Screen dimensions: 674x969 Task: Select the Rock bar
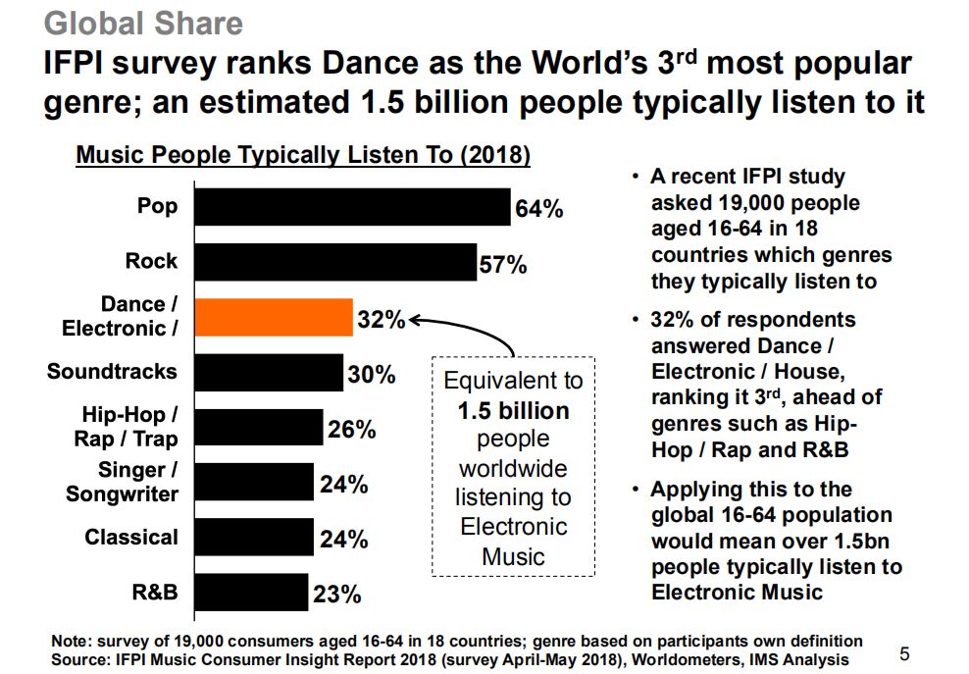tap(333, 262)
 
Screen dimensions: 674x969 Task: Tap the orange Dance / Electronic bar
tap(273, 318)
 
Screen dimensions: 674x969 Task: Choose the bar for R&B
tap(250, 593)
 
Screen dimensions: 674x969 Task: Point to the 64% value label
tap(538, 209)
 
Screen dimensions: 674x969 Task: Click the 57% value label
tap(503, 264)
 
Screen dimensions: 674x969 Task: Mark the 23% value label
tap(337, 595)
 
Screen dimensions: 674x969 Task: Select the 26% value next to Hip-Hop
tap(351, 429)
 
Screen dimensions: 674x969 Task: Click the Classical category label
tap(131, 538)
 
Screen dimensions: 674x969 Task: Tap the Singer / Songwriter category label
tap(122, 482)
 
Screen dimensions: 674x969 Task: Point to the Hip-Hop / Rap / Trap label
tap(126, 427)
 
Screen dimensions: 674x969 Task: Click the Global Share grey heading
tap(144, 22)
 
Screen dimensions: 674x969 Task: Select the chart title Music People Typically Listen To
tap(303, 155)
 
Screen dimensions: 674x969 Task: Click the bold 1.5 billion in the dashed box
tap(513, 410)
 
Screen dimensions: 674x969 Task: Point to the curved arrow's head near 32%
tap(413, 318)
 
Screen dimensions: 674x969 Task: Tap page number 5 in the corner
tap(904, 653)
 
